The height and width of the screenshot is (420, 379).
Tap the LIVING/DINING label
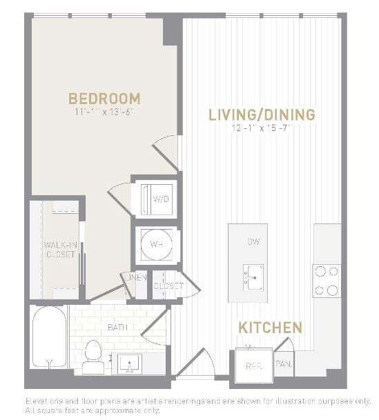(262, 114)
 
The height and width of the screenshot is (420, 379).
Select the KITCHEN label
(270, 327)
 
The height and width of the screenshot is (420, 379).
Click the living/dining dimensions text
(262, 128)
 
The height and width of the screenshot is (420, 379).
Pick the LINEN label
(136, 278)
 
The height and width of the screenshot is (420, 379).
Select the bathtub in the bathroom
(49, 338)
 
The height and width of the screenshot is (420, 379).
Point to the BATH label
(115, 328)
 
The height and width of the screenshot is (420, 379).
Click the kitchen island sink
(253, 277)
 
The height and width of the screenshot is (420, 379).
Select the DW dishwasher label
(253, 243)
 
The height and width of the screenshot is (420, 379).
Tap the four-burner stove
(327, 281)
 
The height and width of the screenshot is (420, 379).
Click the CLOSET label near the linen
(168, 286)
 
